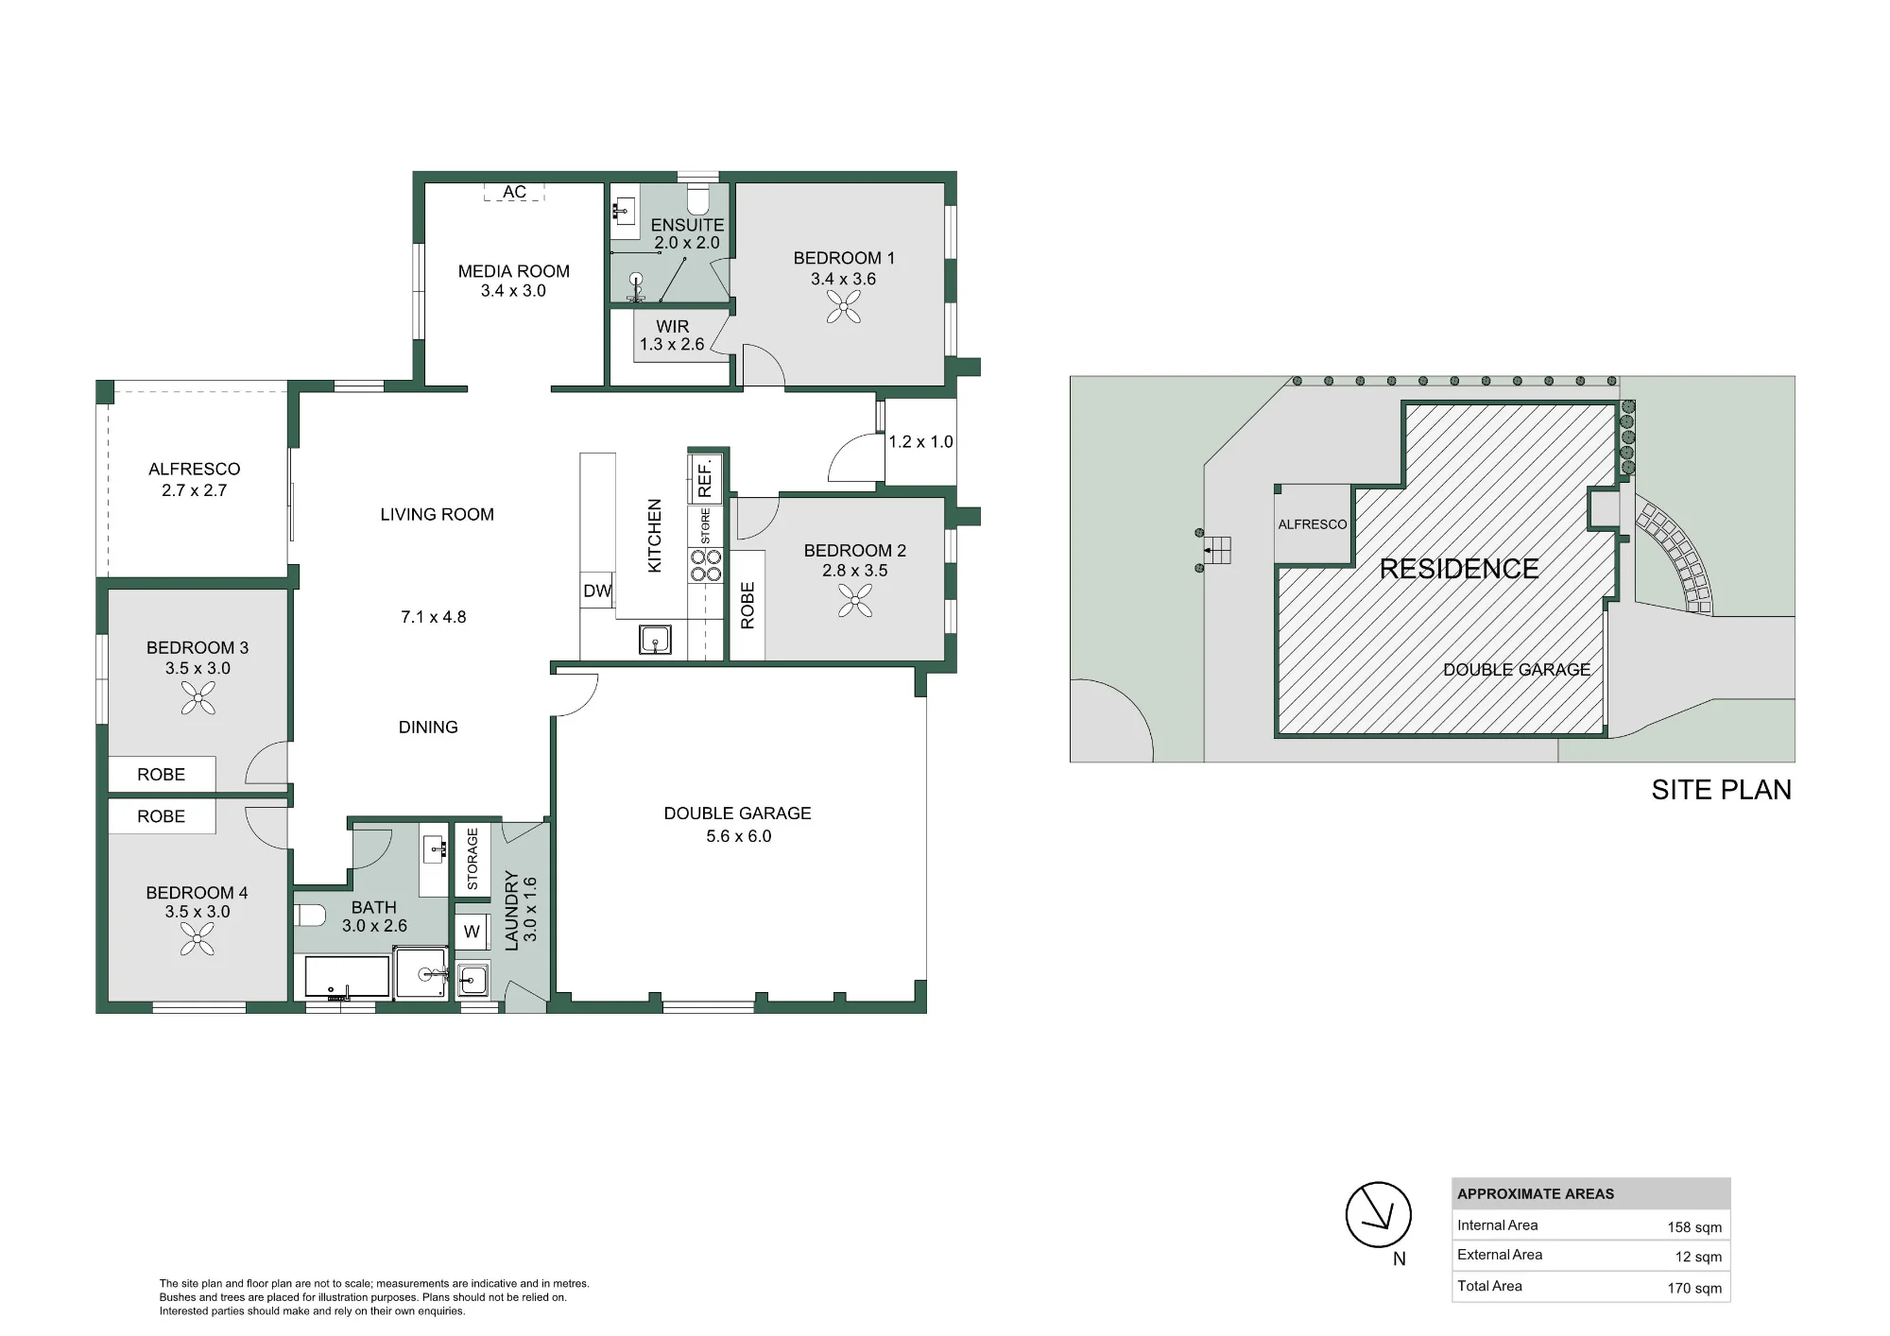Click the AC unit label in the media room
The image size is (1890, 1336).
click(x=514, y=192)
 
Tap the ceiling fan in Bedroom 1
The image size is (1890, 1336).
click(x=844, y=307)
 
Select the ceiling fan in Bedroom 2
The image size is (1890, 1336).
click(x=855, y=600)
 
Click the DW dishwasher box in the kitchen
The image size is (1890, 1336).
click(x=597, y=591)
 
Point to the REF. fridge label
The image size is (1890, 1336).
click(x=705, y=479)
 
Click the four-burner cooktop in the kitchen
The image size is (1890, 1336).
click(x=706, y=566)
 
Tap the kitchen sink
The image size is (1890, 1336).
click(x=655, y=640)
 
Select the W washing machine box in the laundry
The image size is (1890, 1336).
click(x=472, y=932)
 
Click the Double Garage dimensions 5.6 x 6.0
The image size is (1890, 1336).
click(x=739, y=836)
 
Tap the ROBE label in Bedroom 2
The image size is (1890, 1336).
click(x=747, y=606)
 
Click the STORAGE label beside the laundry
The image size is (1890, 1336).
click(x=472, y=859)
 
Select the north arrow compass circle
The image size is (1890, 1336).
click(x=1379, y=1214)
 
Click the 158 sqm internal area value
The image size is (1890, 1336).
click(x=1694, y=1227)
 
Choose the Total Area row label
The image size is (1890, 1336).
click(x=1489, y=1286)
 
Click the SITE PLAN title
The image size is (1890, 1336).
click(x=1721, y=790)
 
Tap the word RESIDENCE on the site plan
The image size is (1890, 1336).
click(x=1459, y=569)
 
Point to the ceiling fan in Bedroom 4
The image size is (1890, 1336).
click(x=198, y=939)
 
